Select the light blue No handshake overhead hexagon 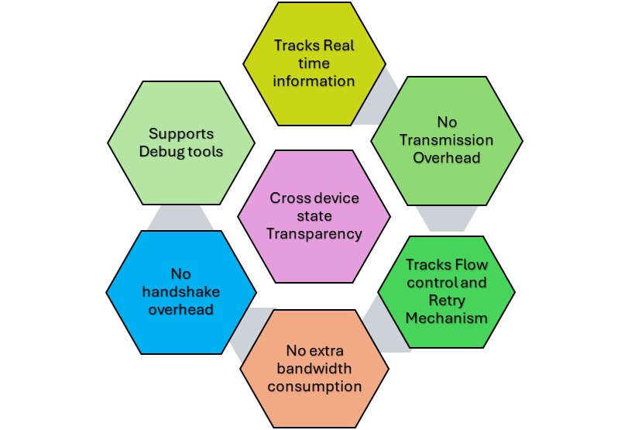tap(181, 291)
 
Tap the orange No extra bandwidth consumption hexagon tap(314, 369)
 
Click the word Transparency tap(314, 232)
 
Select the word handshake tap(181, 291)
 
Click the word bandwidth tap(314, 369)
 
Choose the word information tap(314, 81)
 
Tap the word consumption tap(314, 386)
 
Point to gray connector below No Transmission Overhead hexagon tap(441, 218)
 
